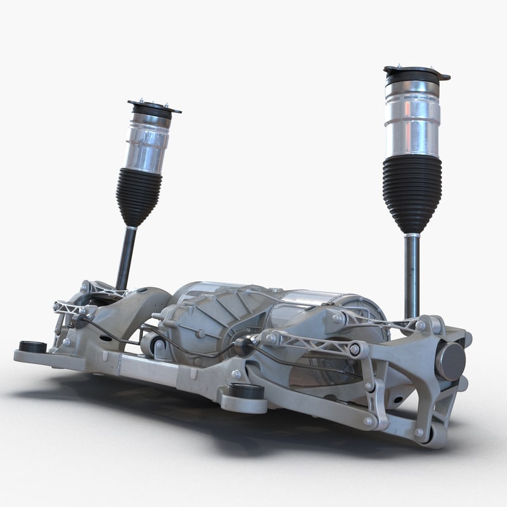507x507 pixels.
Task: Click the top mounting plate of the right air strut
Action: pyautogui.click(x=416, y=72)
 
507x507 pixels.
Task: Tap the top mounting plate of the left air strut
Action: pyautogui.click(x=153, y=106)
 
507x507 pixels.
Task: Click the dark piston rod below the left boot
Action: pyautogui.click(x=125, y=257)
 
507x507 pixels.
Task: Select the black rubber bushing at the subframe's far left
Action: pyautogui.click(x=32, y=347)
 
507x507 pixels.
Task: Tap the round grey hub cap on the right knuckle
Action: pyautogui.click(x=450, y=361)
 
